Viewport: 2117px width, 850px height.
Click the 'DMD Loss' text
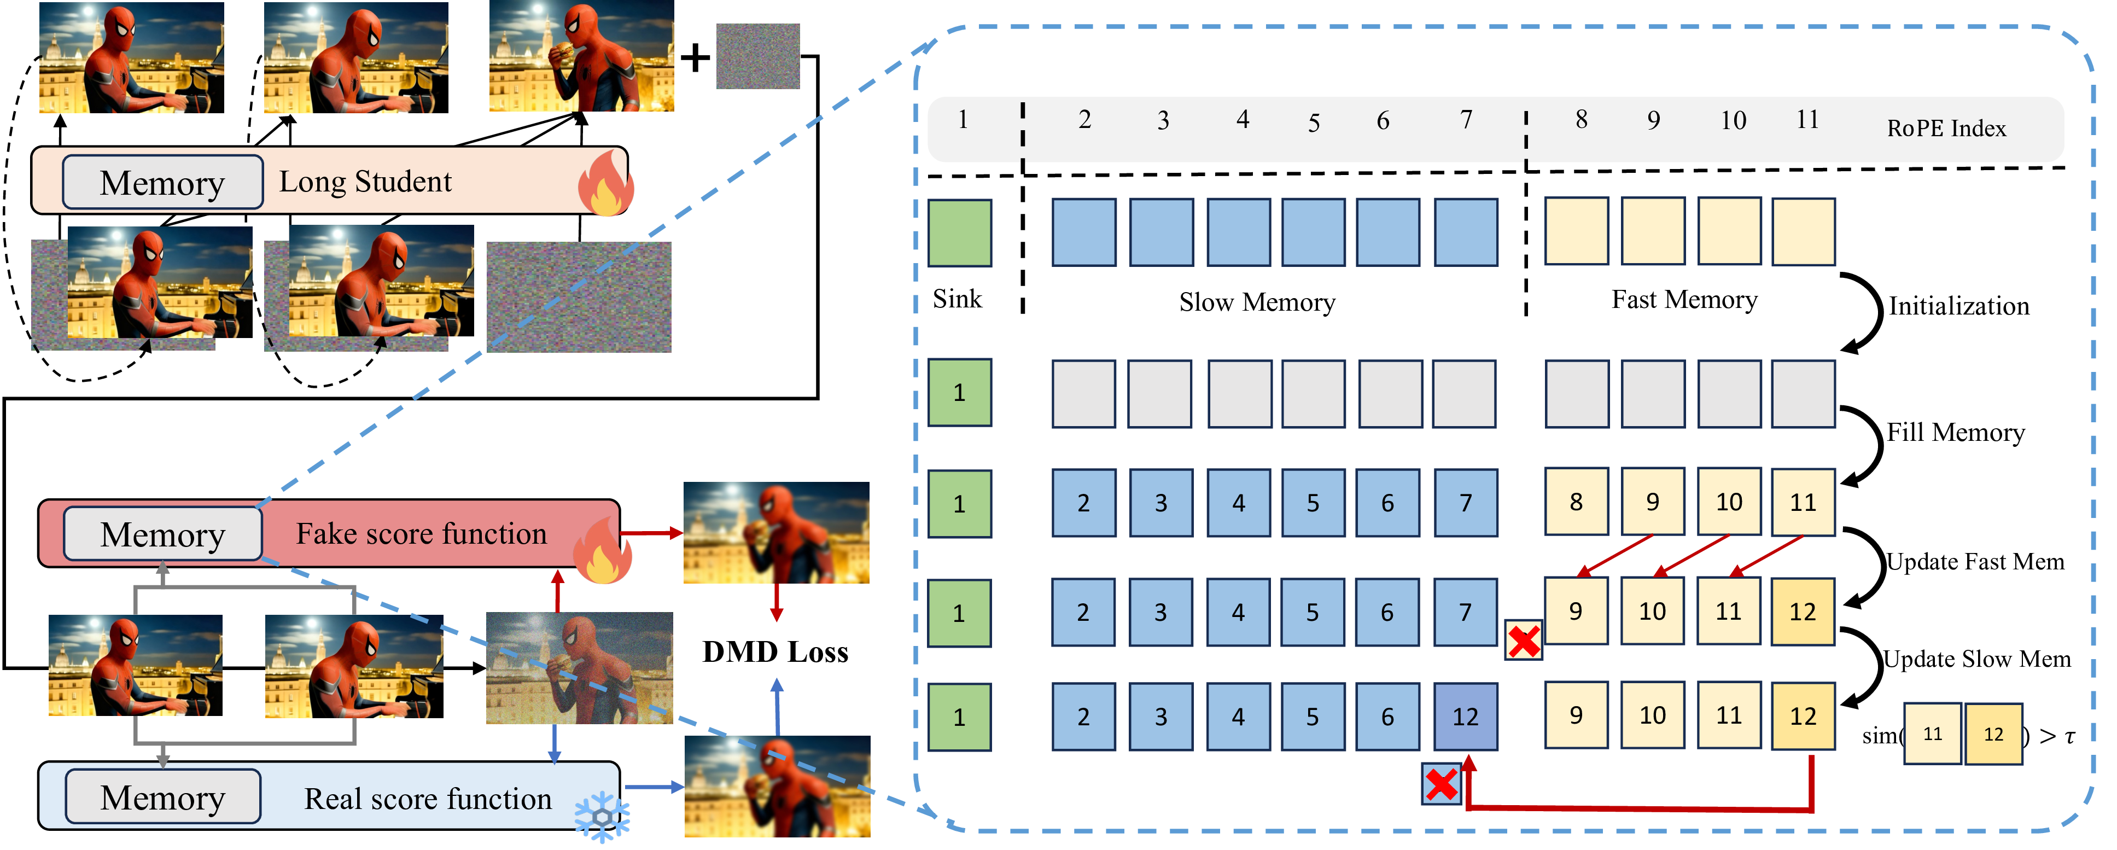775,652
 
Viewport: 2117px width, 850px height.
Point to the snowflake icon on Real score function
602,816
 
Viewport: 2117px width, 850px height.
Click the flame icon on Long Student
606,184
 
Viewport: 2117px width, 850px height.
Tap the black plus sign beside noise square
695,57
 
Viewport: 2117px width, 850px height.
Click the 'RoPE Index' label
1945,128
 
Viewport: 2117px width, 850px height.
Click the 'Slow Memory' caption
1257,302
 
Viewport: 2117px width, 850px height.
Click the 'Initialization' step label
1958,307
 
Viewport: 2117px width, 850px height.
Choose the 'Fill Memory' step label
1955,433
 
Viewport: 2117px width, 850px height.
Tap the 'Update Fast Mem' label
1975,562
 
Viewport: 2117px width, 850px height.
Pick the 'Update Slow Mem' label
1976,659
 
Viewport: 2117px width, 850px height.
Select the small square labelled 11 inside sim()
1932,734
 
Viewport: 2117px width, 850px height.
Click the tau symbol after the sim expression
2069,737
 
